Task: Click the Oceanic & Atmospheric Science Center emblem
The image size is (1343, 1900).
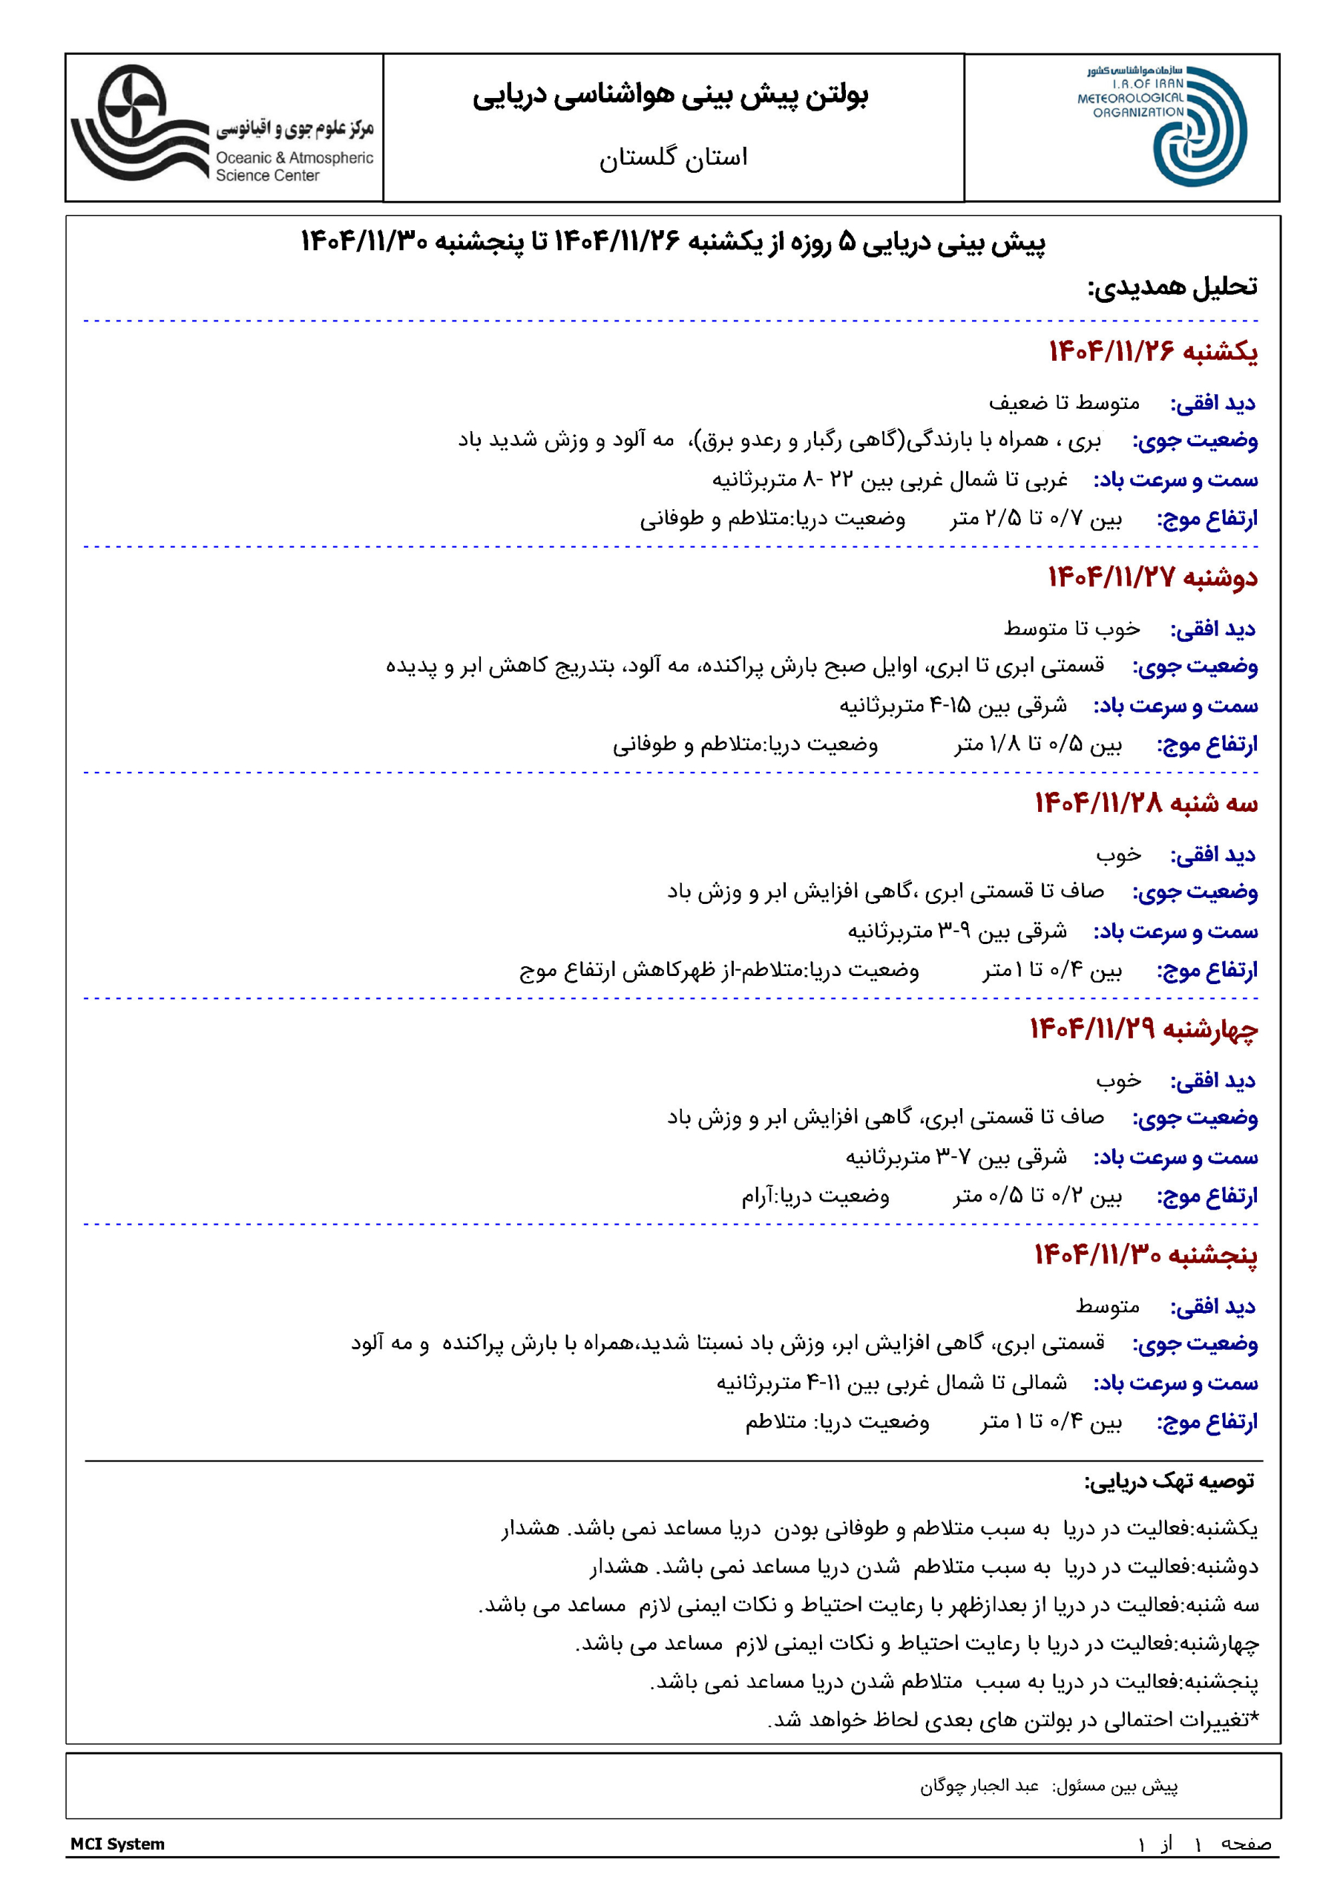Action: pyautogui.click(x=136, y=124)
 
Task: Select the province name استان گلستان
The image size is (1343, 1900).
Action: pyautogui.click(x=673, y=157)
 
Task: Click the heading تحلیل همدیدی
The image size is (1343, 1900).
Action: pyautogui.click(x=1172, y=286)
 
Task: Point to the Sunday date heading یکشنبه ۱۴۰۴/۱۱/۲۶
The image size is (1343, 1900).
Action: pyautogui.click(x=1152, y=352)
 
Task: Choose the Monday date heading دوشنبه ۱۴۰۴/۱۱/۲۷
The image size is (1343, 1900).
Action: pyautogui.click(x=1152, y=577)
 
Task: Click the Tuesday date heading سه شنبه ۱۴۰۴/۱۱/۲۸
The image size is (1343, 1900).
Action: pyautogui.click(x=1146, y=803)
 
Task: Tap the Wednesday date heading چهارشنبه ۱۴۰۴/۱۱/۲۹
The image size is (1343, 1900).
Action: pyautogui.click(x=1143, y=1029)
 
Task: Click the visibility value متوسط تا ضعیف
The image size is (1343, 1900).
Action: pyautogui.click(x=1064, y=403)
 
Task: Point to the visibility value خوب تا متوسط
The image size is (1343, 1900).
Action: pyautogui.click(x=1071, y=629)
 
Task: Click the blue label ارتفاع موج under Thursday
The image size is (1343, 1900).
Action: pyautogui.click(x=1206, y=1422)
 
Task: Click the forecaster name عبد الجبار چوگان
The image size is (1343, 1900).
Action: pyautogui.click(x=979, y=1786)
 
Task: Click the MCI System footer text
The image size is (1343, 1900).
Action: pyautogui.click(x=117, y=1844)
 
